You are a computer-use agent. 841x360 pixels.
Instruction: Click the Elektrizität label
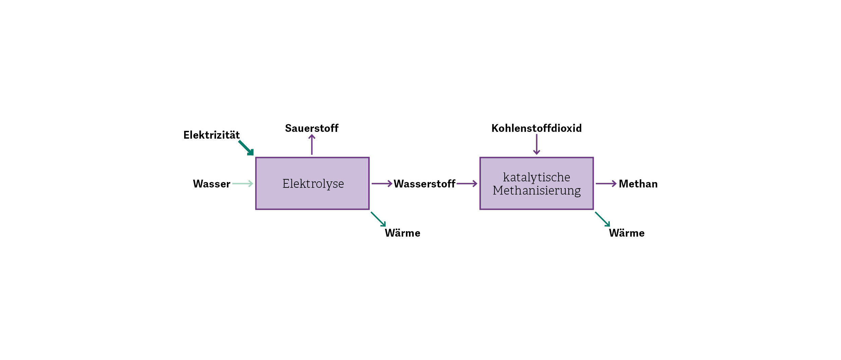(212, 135)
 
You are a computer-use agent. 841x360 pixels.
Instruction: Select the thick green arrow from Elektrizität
(246, 148)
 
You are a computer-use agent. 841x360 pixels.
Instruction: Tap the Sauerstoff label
(312, 128)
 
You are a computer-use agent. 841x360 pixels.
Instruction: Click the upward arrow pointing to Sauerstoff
(312, 144)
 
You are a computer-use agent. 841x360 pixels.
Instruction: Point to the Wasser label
(212, 184)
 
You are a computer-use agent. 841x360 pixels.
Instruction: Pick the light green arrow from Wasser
(243, 184)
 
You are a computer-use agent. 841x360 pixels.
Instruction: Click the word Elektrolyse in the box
(313, 184)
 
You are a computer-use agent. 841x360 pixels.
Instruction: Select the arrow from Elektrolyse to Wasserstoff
(382, 184)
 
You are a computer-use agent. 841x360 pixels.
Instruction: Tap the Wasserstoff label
(425, 184)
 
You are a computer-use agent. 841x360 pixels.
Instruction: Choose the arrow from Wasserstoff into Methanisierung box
(467, 184)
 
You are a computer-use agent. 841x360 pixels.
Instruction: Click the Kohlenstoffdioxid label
(536, 128)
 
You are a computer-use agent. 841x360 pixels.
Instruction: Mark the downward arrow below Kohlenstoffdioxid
(536, 144)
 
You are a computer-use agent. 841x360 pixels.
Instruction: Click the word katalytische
(536, 177)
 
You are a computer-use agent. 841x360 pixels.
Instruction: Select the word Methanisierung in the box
(536, 191)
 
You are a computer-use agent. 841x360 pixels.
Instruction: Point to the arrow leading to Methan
(606, 184)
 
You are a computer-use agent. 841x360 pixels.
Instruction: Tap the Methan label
(638, 184)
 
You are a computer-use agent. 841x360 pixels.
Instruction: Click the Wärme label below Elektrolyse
(403, 233)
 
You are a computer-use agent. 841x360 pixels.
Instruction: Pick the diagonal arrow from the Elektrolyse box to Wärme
(378, 219)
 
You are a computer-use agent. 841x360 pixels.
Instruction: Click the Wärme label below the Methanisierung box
(627, 233)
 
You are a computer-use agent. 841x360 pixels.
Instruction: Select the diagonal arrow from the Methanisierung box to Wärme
(603, 219)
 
